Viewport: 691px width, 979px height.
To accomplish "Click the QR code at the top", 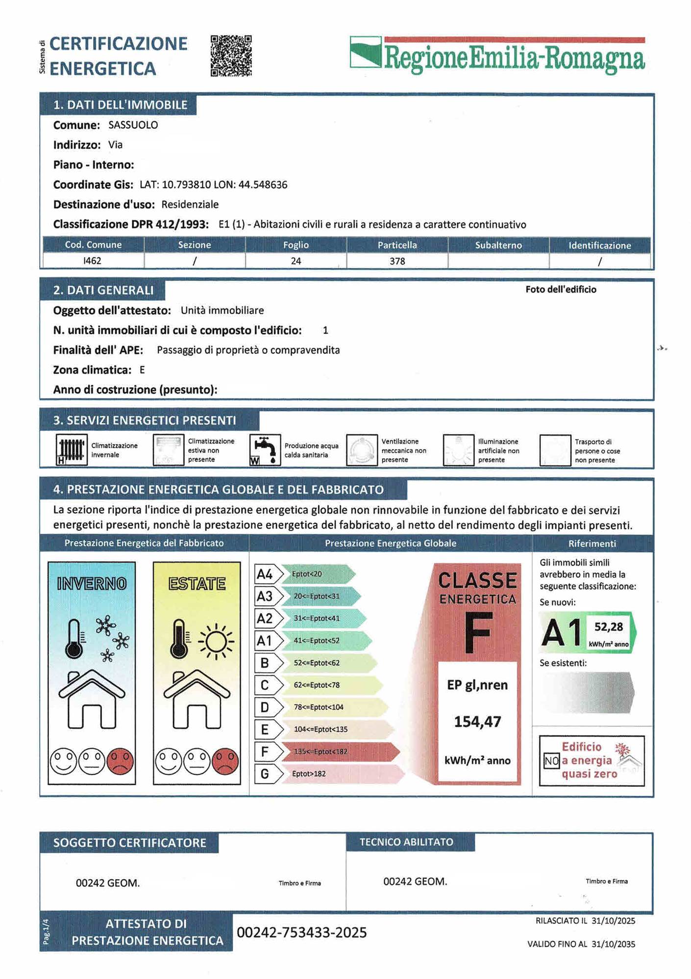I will (231, 55).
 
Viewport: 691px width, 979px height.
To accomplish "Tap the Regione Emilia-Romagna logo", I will (497, 56).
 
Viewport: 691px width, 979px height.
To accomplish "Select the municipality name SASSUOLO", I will (133, 125).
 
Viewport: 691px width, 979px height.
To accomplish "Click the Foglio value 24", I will (296, 261).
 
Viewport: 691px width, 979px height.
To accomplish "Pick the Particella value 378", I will (397, 261).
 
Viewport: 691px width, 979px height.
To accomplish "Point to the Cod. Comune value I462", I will (92, 260).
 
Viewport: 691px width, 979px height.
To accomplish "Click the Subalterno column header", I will (498, 245).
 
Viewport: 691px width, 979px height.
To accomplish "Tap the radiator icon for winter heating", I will (71, 449).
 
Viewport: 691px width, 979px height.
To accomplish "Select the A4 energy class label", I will (265, 574).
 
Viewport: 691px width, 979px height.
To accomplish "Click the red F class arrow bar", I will (338, 751).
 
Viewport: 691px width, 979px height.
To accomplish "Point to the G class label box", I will (265, 773).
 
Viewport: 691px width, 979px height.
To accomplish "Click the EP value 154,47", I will (477, 722).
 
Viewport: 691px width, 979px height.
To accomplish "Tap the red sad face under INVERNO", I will (120, 761).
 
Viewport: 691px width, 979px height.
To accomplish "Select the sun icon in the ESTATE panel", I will (216, 641).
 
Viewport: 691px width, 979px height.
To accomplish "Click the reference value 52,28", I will (608, 627).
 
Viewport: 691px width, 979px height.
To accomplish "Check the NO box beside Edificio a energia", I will (551, 761).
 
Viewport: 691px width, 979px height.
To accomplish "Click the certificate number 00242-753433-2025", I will (301, 932).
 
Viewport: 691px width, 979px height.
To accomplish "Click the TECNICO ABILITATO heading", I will (406, 842).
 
